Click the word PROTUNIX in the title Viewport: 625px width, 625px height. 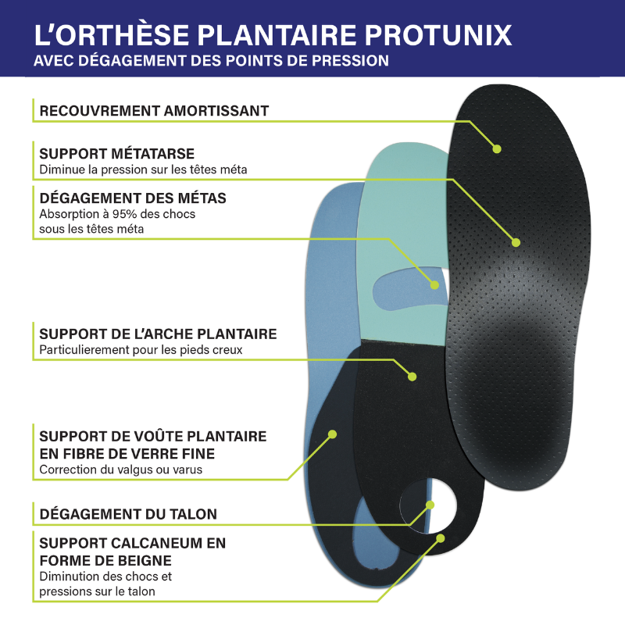(x=438, y=35)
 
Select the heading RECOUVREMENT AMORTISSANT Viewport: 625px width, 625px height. (x=154, y=111)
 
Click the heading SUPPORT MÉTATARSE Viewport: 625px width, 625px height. (x=116, y=153)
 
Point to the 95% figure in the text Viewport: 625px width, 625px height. (x=124, y=214)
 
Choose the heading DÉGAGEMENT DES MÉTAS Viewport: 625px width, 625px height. (x=133, y=198)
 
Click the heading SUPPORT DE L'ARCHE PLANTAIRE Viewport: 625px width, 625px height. (x=158, y=334)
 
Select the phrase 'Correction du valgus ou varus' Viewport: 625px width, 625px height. (x=121, y=470)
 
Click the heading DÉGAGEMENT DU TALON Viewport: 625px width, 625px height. (x=128, y=514)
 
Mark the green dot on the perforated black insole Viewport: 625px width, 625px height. (x=497, y=149)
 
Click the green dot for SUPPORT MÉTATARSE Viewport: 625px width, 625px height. (x=516, y=242)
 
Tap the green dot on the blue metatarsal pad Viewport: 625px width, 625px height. (x=434, y=285)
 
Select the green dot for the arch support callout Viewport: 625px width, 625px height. (x=412, y=377)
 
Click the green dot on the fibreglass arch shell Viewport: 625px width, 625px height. (x=333, y=434)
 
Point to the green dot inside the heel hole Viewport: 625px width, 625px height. (x=430, y=505)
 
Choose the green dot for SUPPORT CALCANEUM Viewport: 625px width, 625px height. (x=441, y=538)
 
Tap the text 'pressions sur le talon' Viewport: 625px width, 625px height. (x=97, y=591)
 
